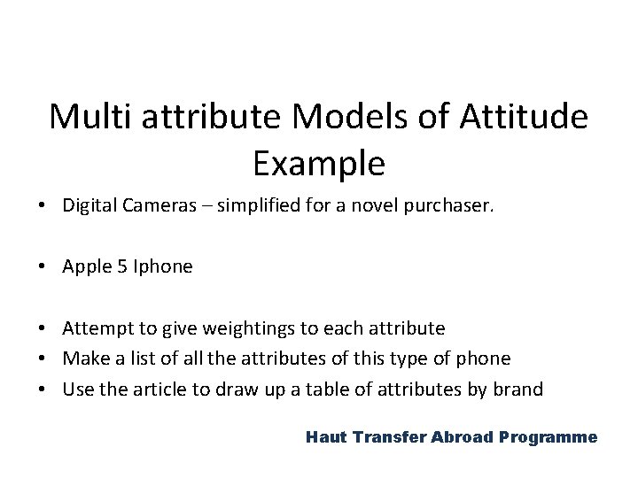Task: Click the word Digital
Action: [x=87, y=206]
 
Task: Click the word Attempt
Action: [x=94, y=328]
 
